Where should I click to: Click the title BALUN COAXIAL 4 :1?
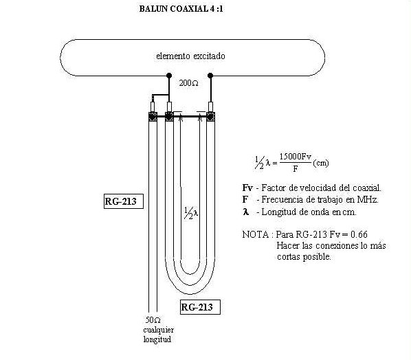(181, 9)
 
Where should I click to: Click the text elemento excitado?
(190, 56)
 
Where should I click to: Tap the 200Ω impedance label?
(189, 83)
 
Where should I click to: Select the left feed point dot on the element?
(169, 76)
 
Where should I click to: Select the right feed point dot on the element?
(210, 76)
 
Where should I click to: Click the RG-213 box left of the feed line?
(124, 201)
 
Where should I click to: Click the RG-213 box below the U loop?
(201, 307)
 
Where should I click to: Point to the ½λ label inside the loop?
(191, 213)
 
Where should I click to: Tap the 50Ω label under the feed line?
(153, 320)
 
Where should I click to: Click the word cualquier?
(159, 330)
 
